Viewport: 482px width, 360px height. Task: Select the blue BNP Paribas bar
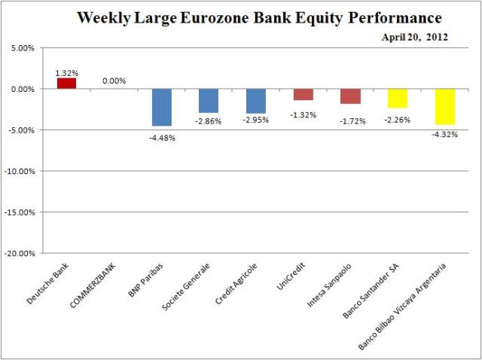click(x=162, y=107)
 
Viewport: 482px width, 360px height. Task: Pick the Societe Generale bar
click(x=209, y=100)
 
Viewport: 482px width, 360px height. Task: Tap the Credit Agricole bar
click(x=256, y=101)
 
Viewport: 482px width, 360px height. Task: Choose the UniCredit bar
click(x=304, y=94)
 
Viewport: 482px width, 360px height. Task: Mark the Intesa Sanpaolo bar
click(x=350, y=96)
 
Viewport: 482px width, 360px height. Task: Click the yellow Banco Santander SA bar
click(x=398, y=98)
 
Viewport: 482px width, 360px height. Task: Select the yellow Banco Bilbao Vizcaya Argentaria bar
click(x=444, y=106)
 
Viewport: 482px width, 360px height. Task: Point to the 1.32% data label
click(x=66, y=73)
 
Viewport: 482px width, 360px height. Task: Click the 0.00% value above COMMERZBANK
click(x=114, y=81)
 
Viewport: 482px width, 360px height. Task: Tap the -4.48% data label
click(x=162, y=137)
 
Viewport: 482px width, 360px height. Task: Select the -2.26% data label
click(x=397, y=119)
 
